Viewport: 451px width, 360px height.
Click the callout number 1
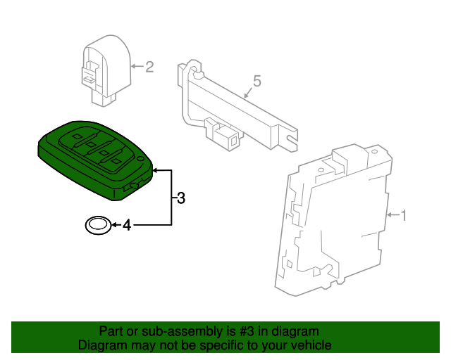tap(404, 214)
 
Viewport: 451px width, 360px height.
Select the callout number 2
tap(149, 67)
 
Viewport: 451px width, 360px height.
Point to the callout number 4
tap(127, 226)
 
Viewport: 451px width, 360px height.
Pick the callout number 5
tap(257, 82)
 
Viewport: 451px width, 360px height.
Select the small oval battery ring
tap(97, 226)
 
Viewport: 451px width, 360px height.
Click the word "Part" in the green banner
tap(111, 331)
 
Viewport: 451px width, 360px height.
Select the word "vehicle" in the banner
tap(310, 346)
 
